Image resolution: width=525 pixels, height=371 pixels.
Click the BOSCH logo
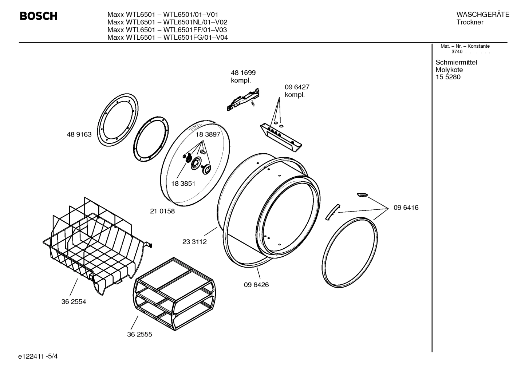click(38, 16)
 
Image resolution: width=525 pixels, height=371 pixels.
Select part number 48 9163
click(79, 134)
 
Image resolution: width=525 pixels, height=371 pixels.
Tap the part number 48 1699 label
click(243, 73)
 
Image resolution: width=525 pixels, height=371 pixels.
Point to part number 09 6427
click(297, 87)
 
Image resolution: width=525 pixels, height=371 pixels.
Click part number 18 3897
click(208, 134)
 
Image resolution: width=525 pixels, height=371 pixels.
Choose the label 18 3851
click(183, 183)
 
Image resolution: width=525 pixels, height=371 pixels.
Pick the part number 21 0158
click(162, 211)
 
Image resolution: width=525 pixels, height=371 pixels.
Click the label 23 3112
click(194, 242)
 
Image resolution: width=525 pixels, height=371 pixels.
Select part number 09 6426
click(256, 285)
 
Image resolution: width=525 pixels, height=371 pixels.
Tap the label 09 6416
click(406, 208)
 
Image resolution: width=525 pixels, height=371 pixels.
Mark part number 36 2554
click(74, 301)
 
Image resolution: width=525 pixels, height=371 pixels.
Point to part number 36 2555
click(139, 334)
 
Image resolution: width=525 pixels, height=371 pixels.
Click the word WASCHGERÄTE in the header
click(482, 15)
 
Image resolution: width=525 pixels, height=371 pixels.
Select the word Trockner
click(470, 22)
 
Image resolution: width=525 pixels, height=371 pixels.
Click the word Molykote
click(449, 70)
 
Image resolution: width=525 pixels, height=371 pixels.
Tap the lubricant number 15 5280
click(448, 77)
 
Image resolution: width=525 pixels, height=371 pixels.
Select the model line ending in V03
click(167, 30)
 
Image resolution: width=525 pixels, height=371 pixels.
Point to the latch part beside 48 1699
click(243, 99)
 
